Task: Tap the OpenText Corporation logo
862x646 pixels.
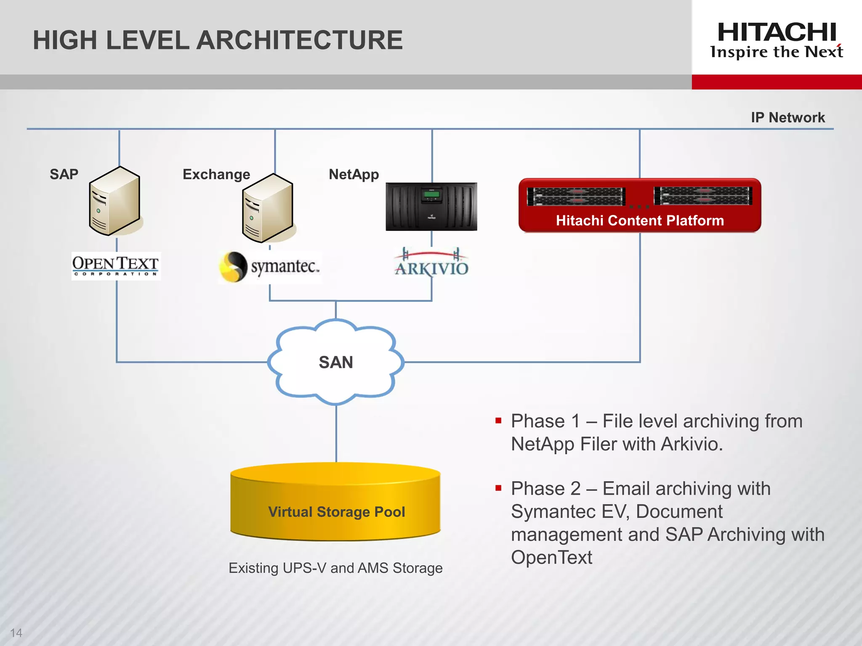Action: (x=116, y=266)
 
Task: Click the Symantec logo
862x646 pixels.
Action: (x=270, y=267)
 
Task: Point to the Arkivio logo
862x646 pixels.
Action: (x=431, y=263)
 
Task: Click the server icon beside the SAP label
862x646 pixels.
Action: (x=114, y=201)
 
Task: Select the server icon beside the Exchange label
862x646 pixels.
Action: (x=268, y=208)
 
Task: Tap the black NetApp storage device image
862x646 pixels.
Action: (x=431, y=207)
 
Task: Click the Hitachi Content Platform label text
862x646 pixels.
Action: (x=640, y=220)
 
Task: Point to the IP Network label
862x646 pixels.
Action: (x=788, y=117)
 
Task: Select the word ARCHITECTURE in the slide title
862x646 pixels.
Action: (x=300, y=40)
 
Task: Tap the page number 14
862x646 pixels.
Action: (x=16, y=633)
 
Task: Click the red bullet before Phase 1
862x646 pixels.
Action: (x=498, y=421)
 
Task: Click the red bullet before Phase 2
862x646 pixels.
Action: (x=498, y=488)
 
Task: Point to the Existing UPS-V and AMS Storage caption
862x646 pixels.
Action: (x=335, y=568)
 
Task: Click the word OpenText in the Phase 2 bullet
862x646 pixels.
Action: (x=551, y=558)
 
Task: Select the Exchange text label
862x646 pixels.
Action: (x=216, y=174)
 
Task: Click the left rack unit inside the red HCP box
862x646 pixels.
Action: (x=576, y=196)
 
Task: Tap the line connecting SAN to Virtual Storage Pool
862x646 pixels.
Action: (x=336, y=433)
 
